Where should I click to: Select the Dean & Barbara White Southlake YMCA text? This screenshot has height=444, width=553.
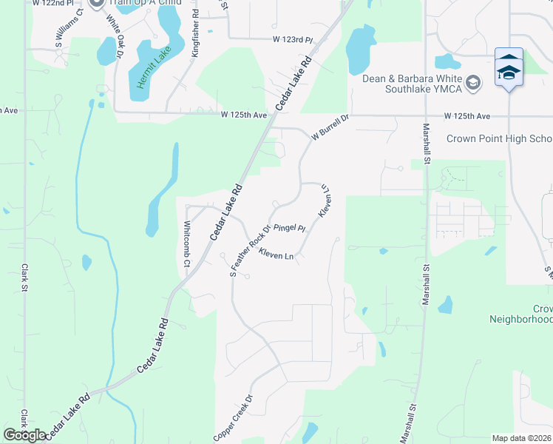click(x=412, y=84)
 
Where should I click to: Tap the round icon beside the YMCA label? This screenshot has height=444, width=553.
click(x=474, y=81)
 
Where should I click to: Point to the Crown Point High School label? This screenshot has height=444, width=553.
click(x=499, y=139)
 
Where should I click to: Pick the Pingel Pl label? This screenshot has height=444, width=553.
click(x=290, y=228)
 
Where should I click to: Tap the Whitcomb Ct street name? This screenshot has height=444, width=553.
click(x=187, y=244)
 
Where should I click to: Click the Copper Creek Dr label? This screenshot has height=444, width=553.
click(x=234, y=418)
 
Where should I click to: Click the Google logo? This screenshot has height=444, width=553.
click(x=25, y=435)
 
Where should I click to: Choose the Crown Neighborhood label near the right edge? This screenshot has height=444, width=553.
click(x=520, y=314)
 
